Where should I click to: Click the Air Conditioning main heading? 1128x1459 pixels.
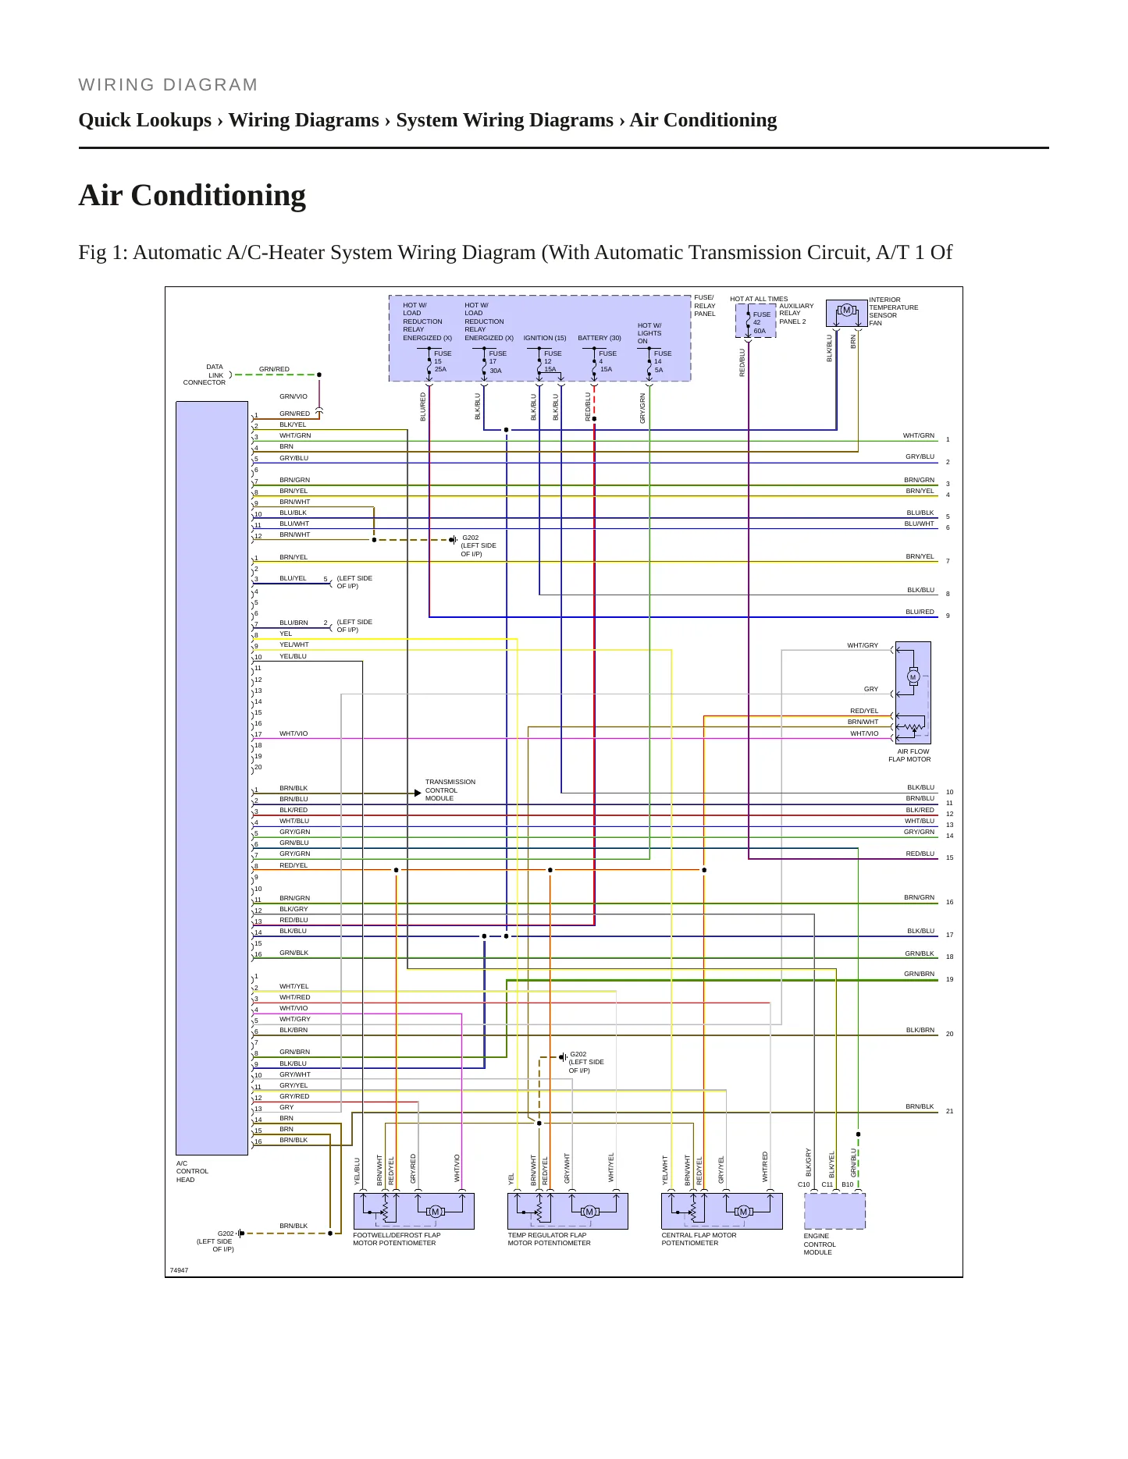click(192, 195)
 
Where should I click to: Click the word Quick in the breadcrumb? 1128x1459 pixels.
click(106, 120)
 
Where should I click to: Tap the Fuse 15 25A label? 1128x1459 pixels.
click(443, 361)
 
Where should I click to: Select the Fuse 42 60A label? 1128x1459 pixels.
click(761, 323)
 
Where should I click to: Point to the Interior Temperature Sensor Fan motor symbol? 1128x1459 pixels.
click(846, 311)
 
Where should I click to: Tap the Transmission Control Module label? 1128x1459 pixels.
click(450, 790)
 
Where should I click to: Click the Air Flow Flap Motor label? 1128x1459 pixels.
click(909, 755)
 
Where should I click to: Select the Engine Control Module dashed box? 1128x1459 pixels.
click(834, 1212)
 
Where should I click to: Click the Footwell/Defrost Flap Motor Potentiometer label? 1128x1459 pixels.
click(397, 1239)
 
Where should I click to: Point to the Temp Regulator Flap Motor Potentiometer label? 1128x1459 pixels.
click(549, 1239)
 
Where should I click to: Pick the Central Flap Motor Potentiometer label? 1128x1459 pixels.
click(699, 1239)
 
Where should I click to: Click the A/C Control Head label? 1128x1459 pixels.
click(192, 1171)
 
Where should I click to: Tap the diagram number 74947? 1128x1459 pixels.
click(179, 1270)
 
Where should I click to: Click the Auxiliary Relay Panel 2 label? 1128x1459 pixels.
click(796, 314)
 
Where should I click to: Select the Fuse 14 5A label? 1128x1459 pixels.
click(662, 361)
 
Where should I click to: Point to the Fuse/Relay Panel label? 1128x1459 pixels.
click(704, 306)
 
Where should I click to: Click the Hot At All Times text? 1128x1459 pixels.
click(759, 299)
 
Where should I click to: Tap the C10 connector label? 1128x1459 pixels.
click(803, 1184)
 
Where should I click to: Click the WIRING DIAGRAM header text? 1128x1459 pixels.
click(168, 85)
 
